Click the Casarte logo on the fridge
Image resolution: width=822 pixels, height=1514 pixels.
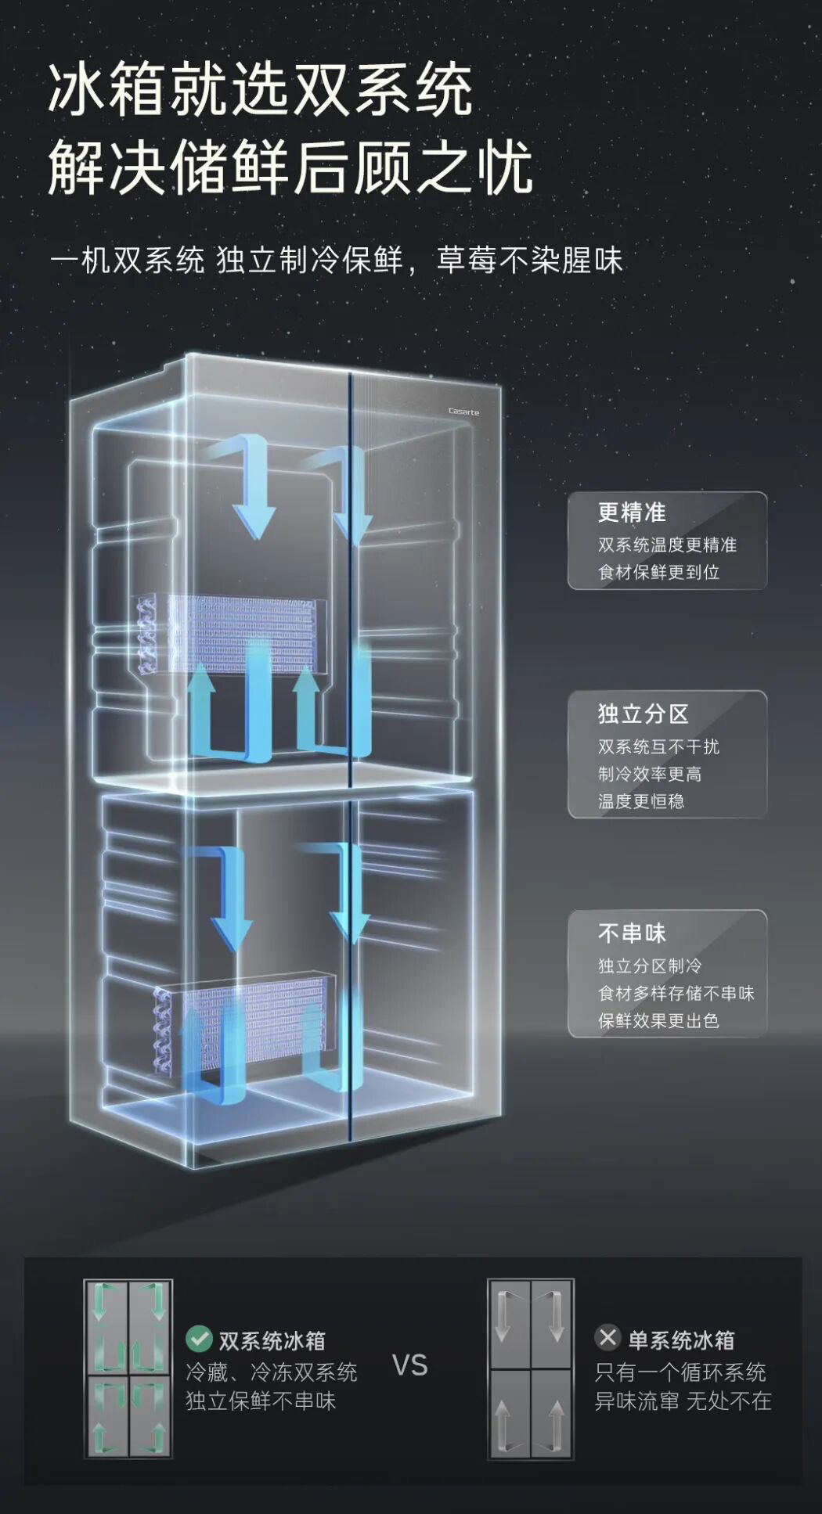(x=463, y=412)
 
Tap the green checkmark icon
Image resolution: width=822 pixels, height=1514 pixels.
(x=199, y=1338)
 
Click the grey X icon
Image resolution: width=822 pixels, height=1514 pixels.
(x=607, y=1337)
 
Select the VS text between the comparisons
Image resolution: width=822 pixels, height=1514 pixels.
(x=409, y=1365)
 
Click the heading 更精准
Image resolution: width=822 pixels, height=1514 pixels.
(x=632, y=512)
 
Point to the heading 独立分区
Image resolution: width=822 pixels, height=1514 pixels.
(x=643, y=714)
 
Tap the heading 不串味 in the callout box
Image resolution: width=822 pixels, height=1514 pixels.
(x=632, y=933)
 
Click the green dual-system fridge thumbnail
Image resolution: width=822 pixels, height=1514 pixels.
(x=128, y=1368)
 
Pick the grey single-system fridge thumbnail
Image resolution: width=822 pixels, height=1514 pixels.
(x=530, y=1368)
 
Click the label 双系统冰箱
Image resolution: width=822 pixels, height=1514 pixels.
(x=272, y=1340)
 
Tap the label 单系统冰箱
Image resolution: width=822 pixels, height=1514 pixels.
(x=681, y=1340)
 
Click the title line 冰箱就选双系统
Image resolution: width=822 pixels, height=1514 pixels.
(x=261, y=91)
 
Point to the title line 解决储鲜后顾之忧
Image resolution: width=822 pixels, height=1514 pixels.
(x=290, y=167)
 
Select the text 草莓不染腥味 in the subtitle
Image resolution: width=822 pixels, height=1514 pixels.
(x=529, y=261)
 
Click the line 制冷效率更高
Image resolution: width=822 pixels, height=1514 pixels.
(x=650, y=774)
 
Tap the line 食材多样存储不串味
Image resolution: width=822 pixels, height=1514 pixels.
(x=676, y=993)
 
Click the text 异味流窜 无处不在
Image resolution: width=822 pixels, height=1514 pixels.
(x=683, y=1401)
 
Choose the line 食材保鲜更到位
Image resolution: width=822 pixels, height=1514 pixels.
(x=658, y=572)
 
